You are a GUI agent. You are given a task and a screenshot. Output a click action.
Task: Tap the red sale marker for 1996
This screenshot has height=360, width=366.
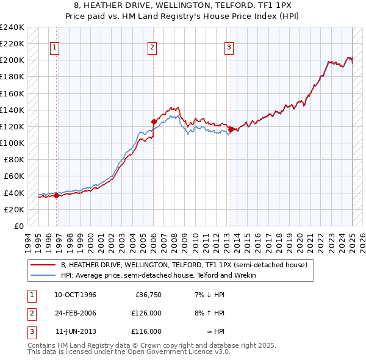(56, 195)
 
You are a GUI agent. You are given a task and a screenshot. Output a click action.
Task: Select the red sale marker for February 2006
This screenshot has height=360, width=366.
(154, 121)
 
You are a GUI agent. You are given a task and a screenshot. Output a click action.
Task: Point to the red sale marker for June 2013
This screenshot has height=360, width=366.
(231, 129)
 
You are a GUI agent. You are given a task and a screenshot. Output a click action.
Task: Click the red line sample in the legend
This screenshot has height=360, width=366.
(43, 265)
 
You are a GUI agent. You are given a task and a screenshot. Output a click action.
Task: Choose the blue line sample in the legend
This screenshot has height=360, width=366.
(43, 275)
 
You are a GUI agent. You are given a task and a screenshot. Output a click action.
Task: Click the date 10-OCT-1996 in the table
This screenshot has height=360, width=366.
(75, 295)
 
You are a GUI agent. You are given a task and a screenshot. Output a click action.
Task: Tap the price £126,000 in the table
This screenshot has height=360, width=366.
(146, 313)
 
